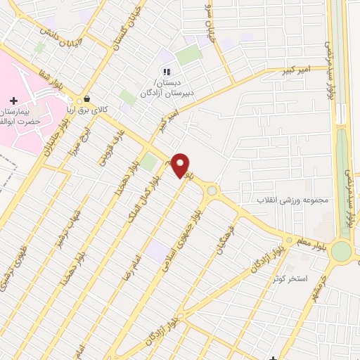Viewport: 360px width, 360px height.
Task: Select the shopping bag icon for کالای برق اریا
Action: pyautogui.click(x=86, y=99)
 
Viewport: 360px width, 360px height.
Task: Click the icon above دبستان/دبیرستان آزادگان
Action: pyautogui.click(x=167, y=71)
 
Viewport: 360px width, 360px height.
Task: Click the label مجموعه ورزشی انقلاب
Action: pyautogui.click(x=292, y=200)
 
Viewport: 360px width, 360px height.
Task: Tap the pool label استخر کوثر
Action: pyautogui.click(x=292, y=278)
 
